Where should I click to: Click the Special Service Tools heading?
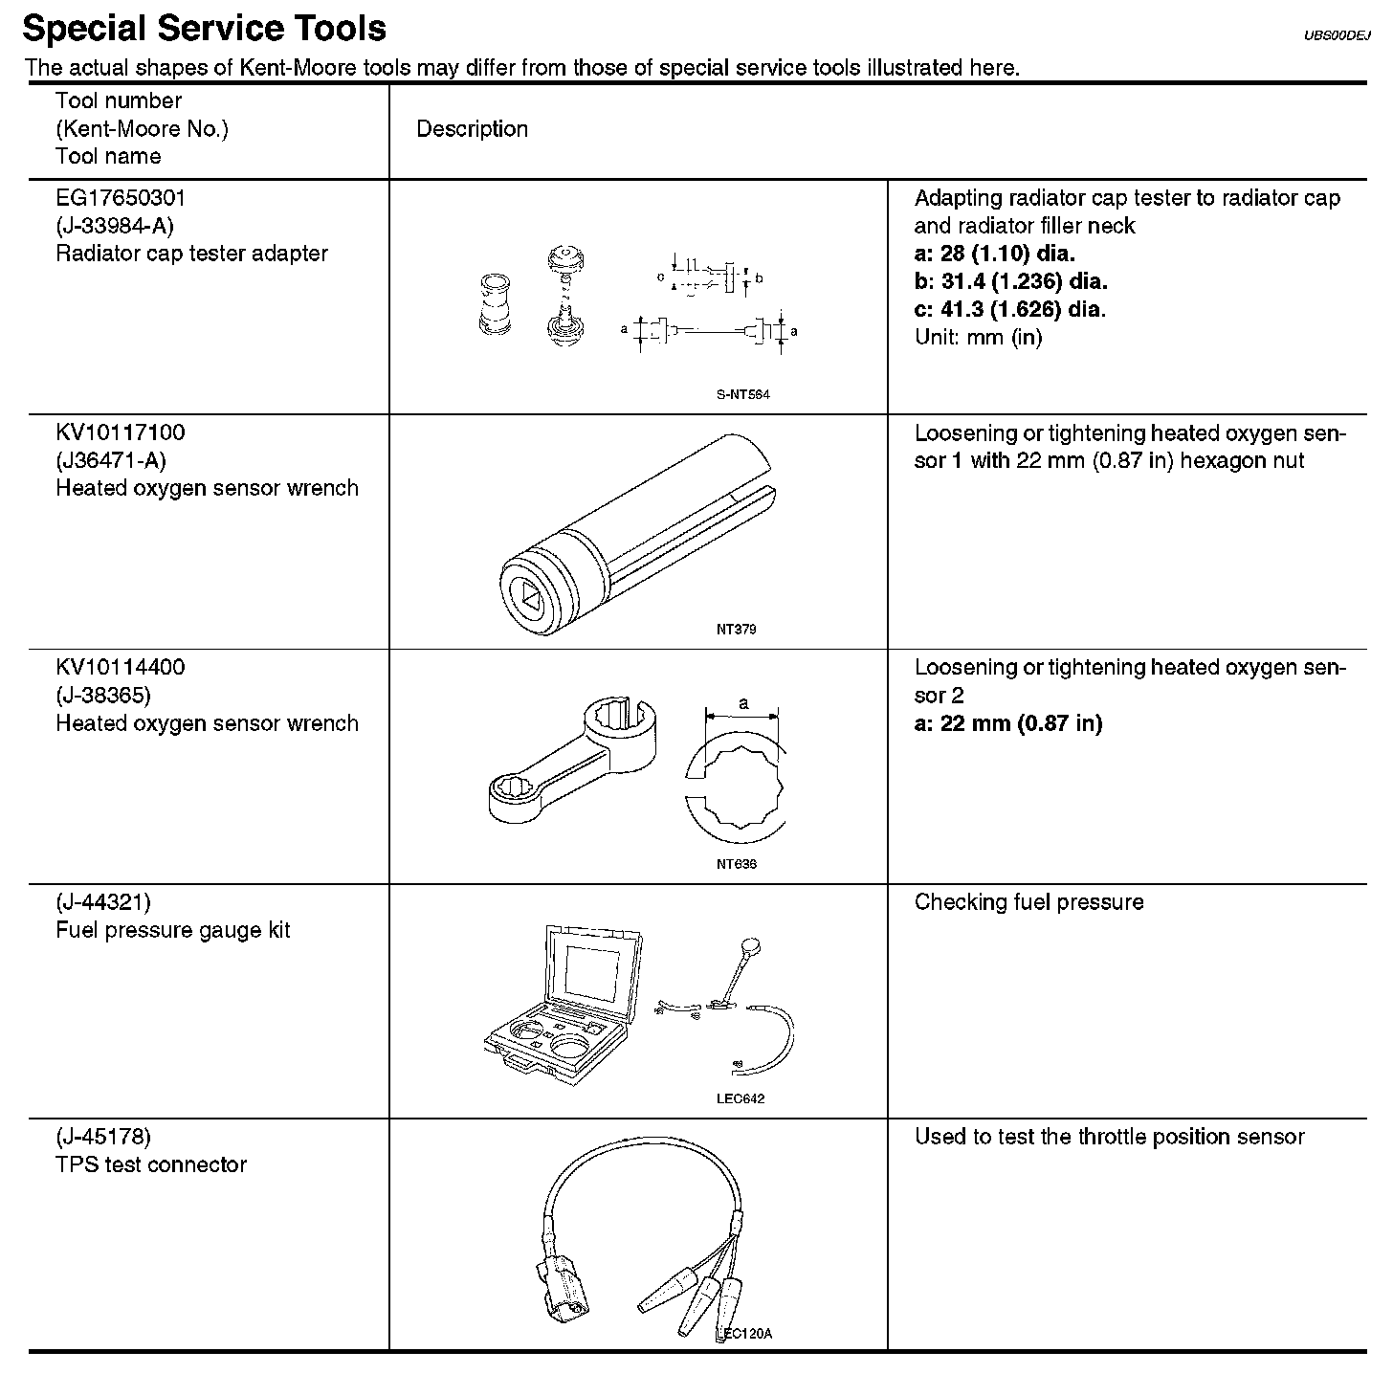coord(204,29)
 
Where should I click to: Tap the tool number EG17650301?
coord(121,198)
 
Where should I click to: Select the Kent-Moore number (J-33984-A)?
coord(115,226)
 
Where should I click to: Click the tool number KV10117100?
coord(121,432)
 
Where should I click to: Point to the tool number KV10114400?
coord(121,667)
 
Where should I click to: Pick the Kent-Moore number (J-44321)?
coord(103,901)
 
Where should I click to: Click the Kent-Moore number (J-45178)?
coord(103,1137)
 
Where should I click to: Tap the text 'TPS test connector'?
coord(151,1164)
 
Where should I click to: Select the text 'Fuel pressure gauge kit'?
coord(173,930)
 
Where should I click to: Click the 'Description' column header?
coord(472,129)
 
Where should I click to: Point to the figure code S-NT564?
coord(742,394)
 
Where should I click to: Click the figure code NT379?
coord(736,630)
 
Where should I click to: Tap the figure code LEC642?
coord(741,1098)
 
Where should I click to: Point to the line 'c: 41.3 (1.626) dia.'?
coord(1009,309)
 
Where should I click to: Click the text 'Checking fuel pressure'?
coord(1028,902)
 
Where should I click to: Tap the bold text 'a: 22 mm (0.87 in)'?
coord(1008,723)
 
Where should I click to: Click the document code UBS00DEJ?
coord(1338,36)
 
